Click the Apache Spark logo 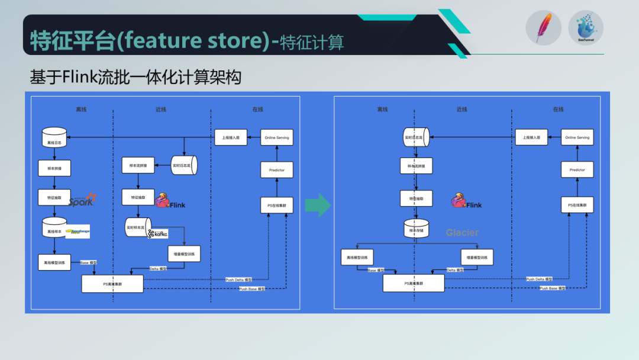tap(82, 200)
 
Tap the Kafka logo tap(158, 233)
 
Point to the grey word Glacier tap(462, 233)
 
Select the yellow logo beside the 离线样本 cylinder tap(78, 231)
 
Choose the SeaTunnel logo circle tap(586, 28)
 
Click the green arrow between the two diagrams tap(318, 205)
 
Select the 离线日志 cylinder tap(54, 138)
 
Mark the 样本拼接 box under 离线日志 tap(54, 168)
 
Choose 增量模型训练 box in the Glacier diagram tap(477, 257)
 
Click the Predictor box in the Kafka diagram tap(277, 170)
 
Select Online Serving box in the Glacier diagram tap(577, 137)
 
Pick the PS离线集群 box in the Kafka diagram tap(112, 284)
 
